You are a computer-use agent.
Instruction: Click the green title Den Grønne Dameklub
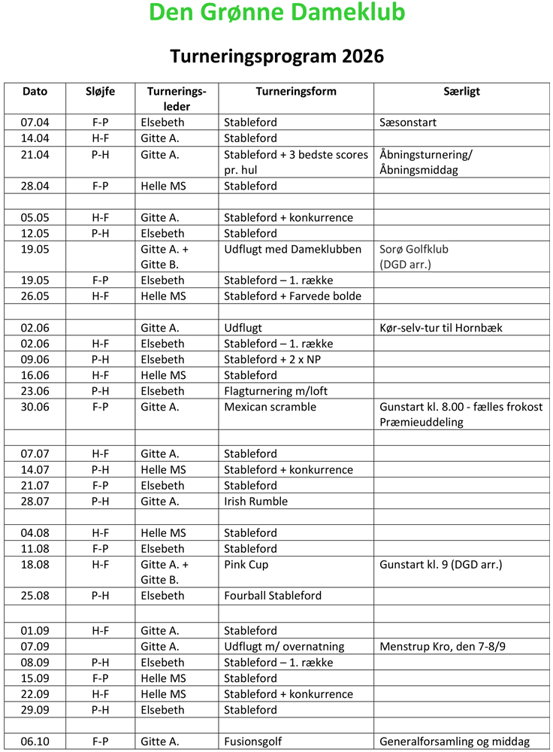tap(276, 14)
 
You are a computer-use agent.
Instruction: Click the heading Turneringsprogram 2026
tap(276, 56)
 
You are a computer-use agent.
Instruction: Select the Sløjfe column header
tap(101, 92)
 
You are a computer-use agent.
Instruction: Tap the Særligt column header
tap(461, 92)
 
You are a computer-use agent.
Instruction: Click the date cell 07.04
tap(35, 123)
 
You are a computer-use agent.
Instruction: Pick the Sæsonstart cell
tap(408, 123)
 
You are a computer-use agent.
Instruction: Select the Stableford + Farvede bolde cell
tap(292, 296)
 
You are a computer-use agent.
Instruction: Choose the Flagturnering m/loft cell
tap(276, 391)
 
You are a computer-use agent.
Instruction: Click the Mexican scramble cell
tap(270, 407)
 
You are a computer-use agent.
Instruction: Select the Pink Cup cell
tap(246, 564)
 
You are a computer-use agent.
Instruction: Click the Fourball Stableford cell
tap(273, 596)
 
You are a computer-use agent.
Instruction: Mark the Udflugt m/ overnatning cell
tap(284, 647)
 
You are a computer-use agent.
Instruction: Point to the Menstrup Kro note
tap(448, 647)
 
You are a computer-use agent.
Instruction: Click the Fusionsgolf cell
tap(252, 741)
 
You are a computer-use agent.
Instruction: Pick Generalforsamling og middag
tap(455, 741)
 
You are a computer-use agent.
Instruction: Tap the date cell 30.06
tap(35, 407)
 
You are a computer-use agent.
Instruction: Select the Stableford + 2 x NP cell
tap(273, 359)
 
